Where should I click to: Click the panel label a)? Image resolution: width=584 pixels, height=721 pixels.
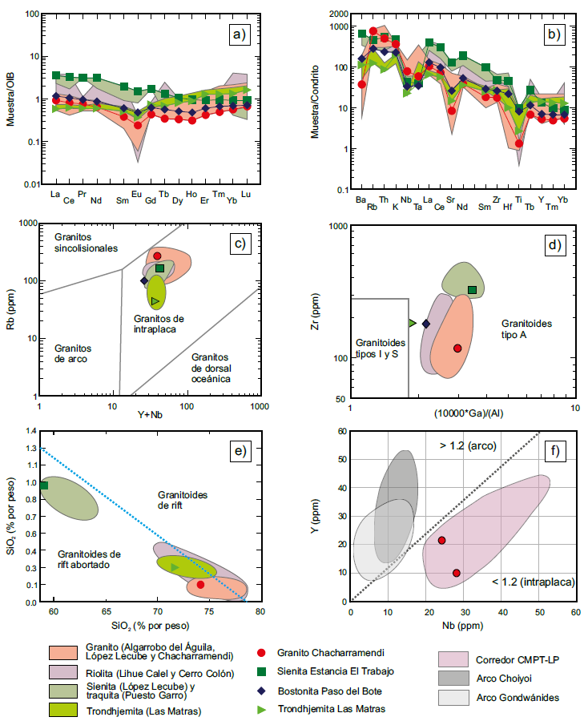click(x=237, y=34)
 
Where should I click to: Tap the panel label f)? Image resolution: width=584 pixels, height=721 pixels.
click(x=553, y=450)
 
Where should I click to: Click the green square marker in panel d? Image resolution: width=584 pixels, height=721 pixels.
click(x=472, y=289)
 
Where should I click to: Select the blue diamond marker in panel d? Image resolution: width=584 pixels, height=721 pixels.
click(x=426, y=323)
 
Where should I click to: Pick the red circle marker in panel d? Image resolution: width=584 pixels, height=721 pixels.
click(x=457, y=348)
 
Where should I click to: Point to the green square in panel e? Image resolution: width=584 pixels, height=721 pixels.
click(x=44, y=485)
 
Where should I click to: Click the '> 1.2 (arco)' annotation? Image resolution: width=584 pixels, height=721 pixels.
click(x=465, y=445)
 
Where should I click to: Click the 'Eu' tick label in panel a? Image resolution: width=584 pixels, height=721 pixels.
click(x=137, y=195)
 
